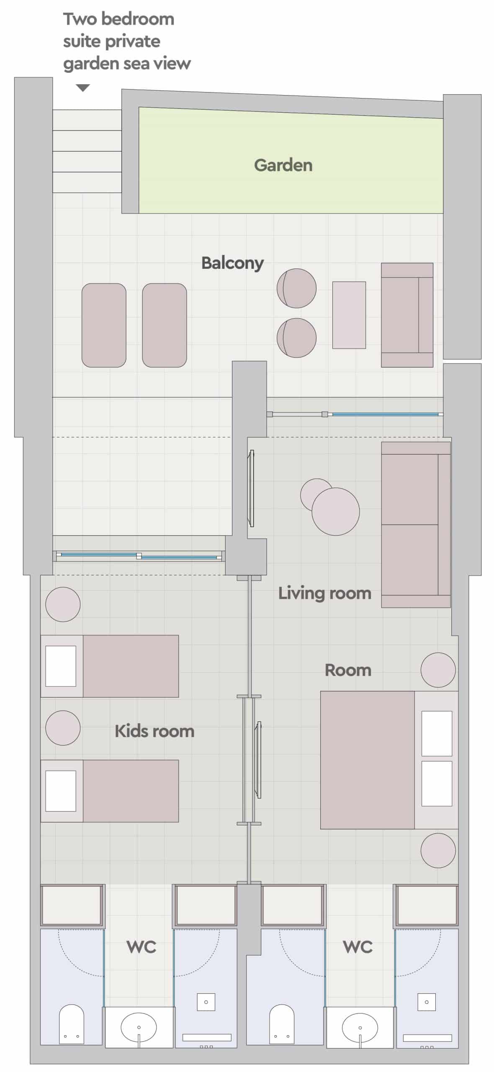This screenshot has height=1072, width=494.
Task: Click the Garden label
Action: click(x=283, y=165)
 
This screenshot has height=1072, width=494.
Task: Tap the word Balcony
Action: click(x=232, y=263)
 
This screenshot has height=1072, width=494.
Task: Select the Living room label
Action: click(x=325, y=593)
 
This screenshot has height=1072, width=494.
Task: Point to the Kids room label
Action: click(x=154, y=731)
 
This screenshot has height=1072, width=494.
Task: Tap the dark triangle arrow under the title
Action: click(x=83, y=88)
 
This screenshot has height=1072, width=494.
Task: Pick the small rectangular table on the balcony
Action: click(x=349, y=315)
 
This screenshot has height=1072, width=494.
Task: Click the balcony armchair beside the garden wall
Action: click(x=407, y=315)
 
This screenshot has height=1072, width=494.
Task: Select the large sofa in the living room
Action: click(x=416, y=525)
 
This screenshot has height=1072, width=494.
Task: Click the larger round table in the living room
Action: click(x=336, y=511)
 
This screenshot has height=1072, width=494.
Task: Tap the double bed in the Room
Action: click(x=389, y=760)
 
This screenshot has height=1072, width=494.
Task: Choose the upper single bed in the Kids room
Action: click(x=110, y=666)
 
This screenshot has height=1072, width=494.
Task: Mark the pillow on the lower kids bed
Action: click(x=61, y=791)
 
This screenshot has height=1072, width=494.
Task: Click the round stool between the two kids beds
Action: click(x=63, y=728)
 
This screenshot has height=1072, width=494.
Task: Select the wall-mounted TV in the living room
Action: click(x=252, y=488)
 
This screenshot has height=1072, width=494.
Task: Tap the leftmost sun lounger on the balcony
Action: click(x=104, y=325)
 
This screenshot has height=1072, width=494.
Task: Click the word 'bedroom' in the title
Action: click(x=138, y=19)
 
